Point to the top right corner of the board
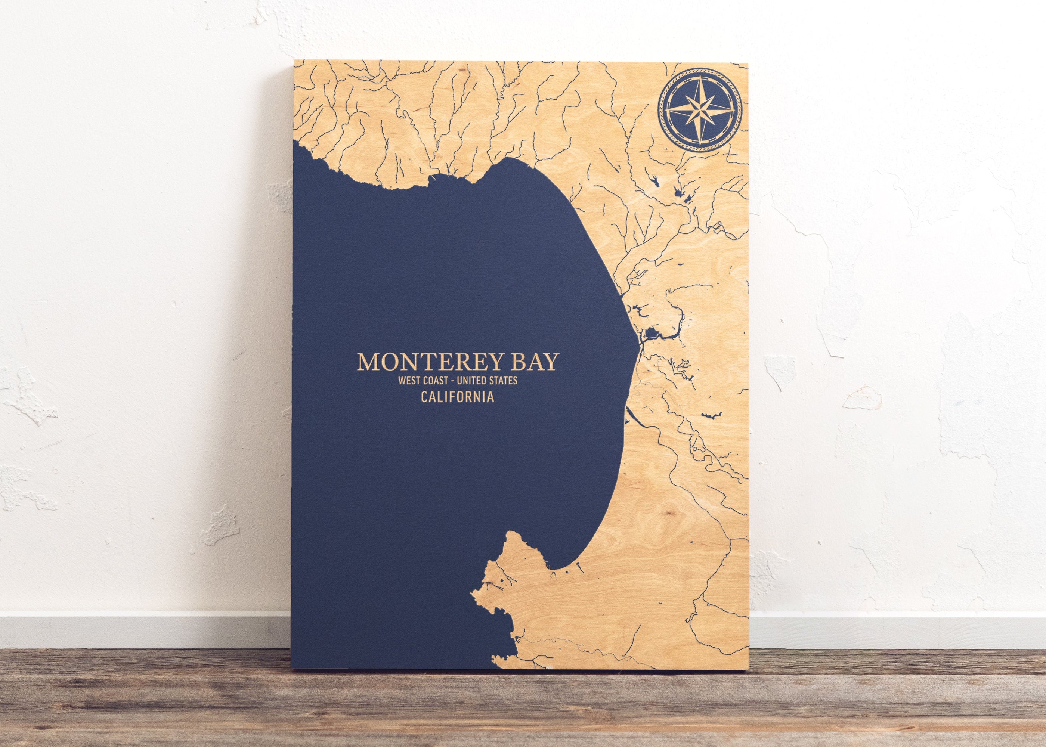click(x=748, y=63)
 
